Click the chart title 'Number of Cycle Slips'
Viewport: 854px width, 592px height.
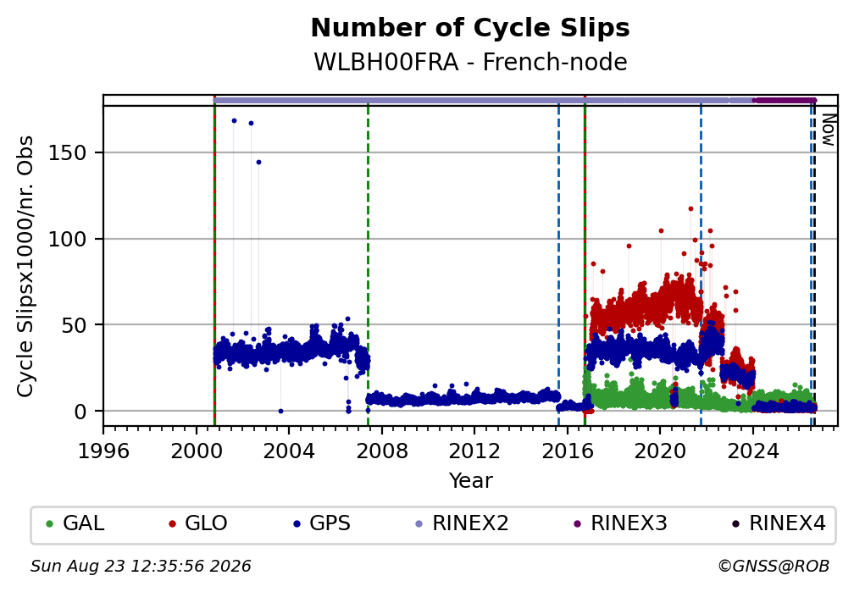coord(470,28)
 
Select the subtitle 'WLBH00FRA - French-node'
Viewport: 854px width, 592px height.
coord(470,62)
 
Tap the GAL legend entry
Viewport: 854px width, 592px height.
coord(75,523)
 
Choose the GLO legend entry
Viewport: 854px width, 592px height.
coord(198,523)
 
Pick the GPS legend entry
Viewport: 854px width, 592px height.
coord(322,523)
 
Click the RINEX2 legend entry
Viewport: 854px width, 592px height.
coord(462,523)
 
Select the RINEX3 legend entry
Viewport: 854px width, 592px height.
coord(620,523)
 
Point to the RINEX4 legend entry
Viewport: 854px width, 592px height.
coord(779,523)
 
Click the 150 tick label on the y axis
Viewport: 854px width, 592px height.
coord(68,153)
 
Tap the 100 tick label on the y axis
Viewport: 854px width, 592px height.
coord(68,239)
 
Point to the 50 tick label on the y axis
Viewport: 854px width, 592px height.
coord(74,325)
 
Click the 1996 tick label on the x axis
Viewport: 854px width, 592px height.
coord(103,451)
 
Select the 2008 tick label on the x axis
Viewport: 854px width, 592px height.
coord(382,451)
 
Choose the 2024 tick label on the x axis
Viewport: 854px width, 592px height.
coord(753,451)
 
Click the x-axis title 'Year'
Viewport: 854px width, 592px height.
coord(470,480)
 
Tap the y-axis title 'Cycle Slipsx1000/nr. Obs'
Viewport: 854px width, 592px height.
coord(25,266)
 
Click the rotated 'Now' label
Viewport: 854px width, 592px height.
coord(828,130)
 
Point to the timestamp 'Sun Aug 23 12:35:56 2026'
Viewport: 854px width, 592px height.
coord(141,567)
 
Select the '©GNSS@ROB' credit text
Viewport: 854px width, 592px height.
coord(774,567)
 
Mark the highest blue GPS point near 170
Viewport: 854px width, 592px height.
coord(234,120)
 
